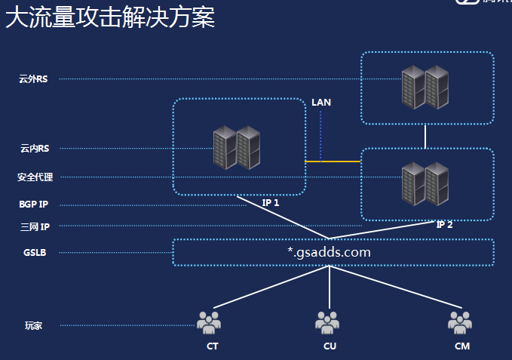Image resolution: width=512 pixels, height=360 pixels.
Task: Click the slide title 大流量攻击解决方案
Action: point(110,17)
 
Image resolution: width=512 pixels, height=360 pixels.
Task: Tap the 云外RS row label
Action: point(34,78)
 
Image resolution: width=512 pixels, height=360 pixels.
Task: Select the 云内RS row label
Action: point(34,149)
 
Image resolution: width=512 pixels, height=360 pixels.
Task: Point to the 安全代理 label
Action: point(35,177)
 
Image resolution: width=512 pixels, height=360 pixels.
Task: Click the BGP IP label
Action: point(34,205)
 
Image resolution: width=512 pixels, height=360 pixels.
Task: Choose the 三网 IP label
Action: point(35,226)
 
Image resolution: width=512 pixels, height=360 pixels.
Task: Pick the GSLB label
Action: point(35,253)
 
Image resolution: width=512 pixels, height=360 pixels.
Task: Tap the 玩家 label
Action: point(33,326)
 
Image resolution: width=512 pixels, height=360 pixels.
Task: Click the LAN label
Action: point(321,103)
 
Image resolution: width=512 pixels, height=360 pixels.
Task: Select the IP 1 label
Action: point(271,203)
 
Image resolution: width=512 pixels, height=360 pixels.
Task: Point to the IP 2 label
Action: point(445,224)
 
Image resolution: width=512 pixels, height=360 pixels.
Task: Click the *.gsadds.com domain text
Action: point(329,252)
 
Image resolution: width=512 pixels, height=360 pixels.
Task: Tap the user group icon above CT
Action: point(209,322)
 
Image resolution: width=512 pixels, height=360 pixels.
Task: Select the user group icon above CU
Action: point(327,322)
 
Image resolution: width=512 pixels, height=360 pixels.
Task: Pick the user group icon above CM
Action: point(459,322)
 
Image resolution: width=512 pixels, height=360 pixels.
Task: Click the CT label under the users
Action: point(213,346)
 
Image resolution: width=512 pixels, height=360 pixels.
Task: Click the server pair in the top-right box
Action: point(425,87)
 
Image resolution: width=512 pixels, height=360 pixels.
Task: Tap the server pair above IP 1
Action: point(237,147)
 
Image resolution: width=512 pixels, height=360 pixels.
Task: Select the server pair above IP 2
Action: point(425,183)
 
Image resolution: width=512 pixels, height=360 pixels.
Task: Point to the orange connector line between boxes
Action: point(333,162)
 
